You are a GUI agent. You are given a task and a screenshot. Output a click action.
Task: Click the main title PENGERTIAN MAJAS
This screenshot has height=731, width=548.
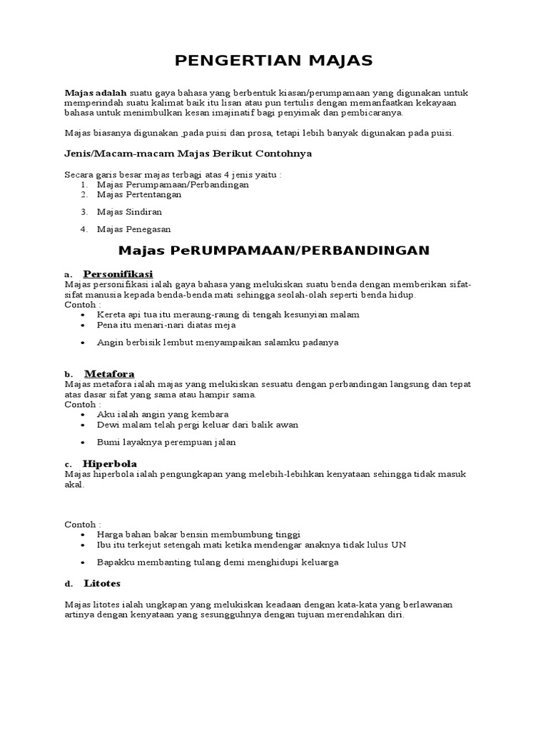(274, 61)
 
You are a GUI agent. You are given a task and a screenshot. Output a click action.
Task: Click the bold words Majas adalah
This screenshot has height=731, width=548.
(96, 93)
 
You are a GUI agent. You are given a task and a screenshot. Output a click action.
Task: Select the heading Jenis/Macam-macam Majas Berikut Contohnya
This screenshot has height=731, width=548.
(188, 153)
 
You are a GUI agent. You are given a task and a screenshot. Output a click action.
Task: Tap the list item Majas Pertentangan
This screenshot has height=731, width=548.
(139, 194)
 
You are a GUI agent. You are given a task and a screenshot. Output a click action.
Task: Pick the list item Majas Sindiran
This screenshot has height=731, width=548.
(129, 212)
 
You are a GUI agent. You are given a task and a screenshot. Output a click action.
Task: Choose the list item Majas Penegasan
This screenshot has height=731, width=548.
(133, 229)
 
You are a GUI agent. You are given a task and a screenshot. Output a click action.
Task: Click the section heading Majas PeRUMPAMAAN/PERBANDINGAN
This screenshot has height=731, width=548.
(274, 251)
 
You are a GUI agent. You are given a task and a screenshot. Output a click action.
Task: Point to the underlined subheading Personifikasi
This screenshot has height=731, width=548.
(118, 274)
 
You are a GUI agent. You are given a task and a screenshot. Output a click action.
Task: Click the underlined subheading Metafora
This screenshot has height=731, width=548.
(109, 374)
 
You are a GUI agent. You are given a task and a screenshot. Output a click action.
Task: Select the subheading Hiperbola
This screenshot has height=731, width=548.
(111, 463)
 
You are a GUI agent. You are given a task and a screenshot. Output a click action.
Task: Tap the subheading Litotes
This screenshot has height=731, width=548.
(102, 583)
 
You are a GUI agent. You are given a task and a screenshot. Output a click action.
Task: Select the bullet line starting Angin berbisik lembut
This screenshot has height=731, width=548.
(218, 343)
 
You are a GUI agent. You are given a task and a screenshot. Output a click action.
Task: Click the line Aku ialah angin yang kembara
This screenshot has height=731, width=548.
(163, 415)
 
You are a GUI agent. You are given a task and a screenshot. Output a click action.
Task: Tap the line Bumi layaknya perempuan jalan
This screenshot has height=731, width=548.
(166, 443)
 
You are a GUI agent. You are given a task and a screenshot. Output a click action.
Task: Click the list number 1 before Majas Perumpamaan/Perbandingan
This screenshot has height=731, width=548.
(83, 184)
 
